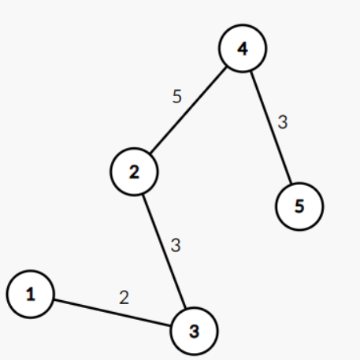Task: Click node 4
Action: (x=243, y=48)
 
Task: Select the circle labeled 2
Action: (x=134, y=172)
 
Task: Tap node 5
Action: (x=299, y=206)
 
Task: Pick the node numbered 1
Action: (x=31, y=294)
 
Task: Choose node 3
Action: (x=195, y=331)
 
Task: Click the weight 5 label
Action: (x=177, y=96)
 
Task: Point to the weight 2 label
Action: (x=124, y=298)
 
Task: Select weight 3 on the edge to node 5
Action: (x=283, y=122)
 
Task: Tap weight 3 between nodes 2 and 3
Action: (x=176, y=245)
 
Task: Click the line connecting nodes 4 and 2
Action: (x=188, y=110)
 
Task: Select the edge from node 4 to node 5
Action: (x=271, y=128)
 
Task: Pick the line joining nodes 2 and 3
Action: (x=164, y=251)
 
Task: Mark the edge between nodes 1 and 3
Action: (x=113, y=313)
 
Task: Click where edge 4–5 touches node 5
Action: (x=291, y=184)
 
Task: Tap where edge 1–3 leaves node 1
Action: (x=54, y=299)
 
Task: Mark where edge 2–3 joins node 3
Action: (x=186, y=308)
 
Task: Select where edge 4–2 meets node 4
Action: (x=227, y=67)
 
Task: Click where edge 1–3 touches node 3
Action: (x=171, y=326)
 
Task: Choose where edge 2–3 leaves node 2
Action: (x=143, y=195)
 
